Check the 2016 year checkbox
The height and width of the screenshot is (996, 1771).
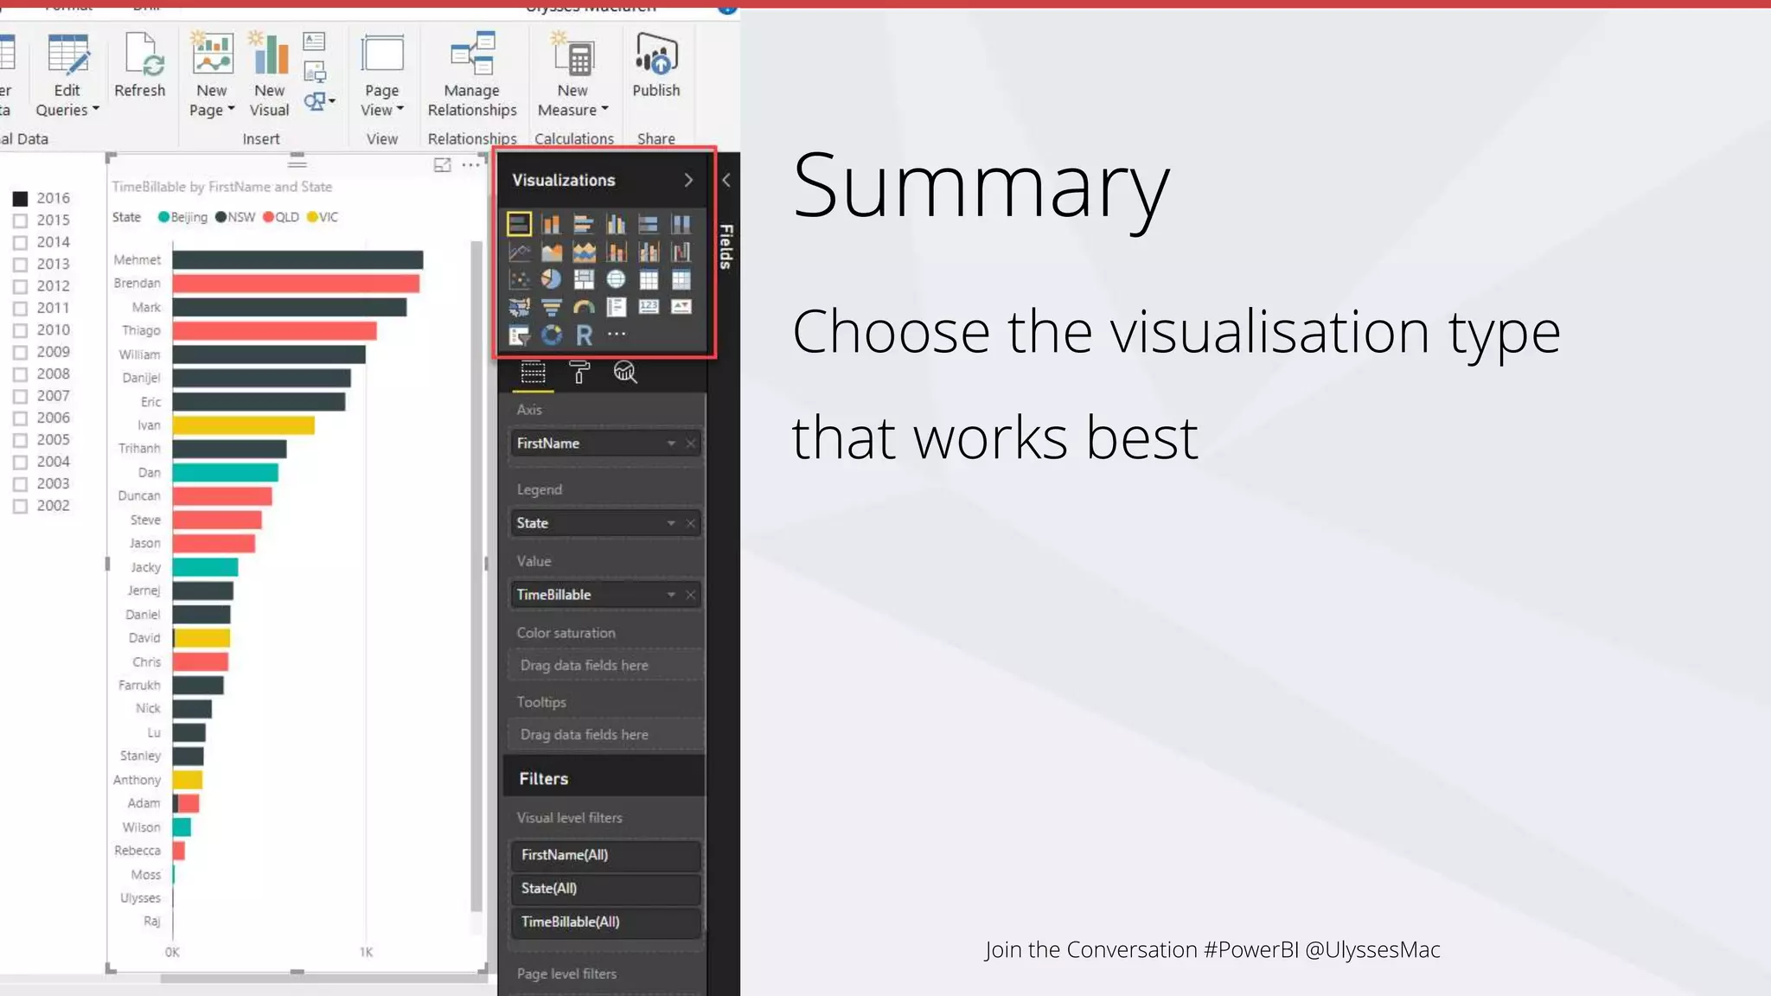[21, 199]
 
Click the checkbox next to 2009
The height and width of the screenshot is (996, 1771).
[21, 353]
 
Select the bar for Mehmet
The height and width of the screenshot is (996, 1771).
[297, 260]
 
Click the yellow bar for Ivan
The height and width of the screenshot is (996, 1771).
[243, 425]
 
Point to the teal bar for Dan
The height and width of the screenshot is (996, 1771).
[225, 473]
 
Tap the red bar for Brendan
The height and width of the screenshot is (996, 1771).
[296, 284]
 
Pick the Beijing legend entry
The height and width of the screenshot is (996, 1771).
[183, 217]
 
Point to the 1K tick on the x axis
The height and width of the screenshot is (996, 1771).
[366, 952]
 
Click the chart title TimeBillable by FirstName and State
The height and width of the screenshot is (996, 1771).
[222, 187]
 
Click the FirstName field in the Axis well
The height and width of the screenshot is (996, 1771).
[588, 444]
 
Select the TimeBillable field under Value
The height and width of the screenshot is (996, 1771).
[588, 595]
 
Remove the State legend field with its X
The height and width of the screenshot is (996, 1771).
[691, 523]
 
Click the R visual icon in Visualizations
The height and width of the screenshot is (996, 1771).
[585, 335]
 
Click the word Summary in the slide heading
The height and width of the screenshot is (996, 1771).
[981, 185]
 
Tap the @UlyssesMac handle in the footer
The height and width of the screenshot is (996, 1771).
[1372, 949]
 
